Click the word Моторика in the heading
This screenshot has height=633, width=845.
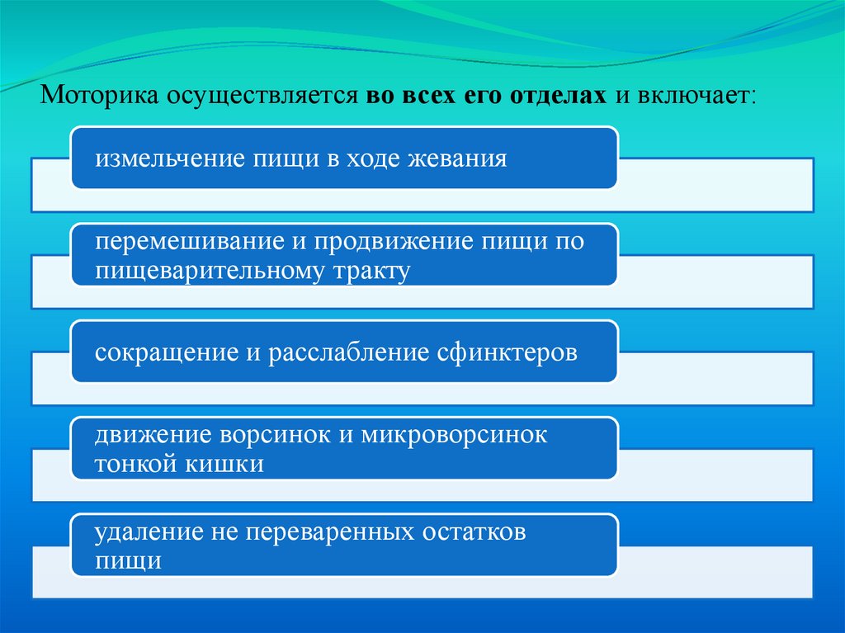(99, 95)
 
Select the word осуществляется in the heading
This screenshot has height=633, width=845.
(262, 96)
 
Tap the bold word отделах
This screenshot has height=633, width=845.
(558, 96)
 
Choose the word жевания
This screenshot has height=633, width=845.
(457, 158)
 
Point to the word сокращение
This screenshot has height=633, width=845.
(167, 352)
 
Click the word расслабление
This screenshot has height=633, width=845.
(348, 352)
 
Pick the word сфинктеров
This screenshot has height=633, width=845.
(507, 352)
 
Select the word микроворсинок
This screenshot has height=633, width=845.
(454, 435)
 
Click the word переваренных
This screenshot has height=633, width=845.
(330, 532)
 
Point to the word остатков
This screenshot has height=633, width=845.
(474, 532)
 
